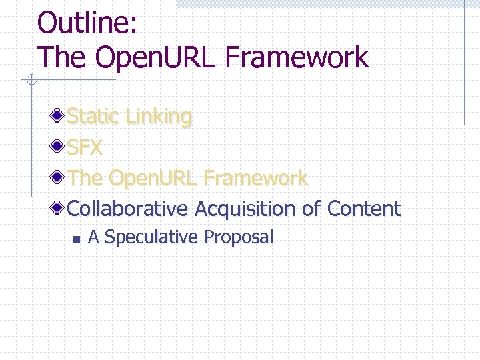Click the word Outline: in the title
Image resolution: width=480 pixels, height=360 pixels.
pos(87,23)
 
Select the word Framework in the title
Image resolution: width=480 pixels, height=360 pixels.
pos(297,57)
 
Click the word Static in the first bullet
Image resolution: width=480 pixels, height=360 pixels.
pos(93,117)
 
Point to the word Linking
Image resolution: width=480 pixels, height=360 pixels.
pos(159,117)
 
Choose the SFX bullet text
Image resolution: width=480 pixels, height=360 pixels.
pos(85,147)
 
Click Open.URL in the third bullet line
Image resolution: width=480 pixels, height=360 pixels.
pos(152,178)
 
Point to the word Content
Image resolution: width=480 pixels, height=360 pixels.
pos(364,209)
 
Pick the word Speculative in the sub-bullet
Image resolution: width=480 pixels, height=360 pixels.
pos(151,237)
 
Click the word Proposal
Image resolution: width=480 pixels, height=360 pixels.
pos(239,237)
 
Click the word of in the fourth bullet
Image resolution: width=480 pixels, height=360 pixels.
pos(311,209)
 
